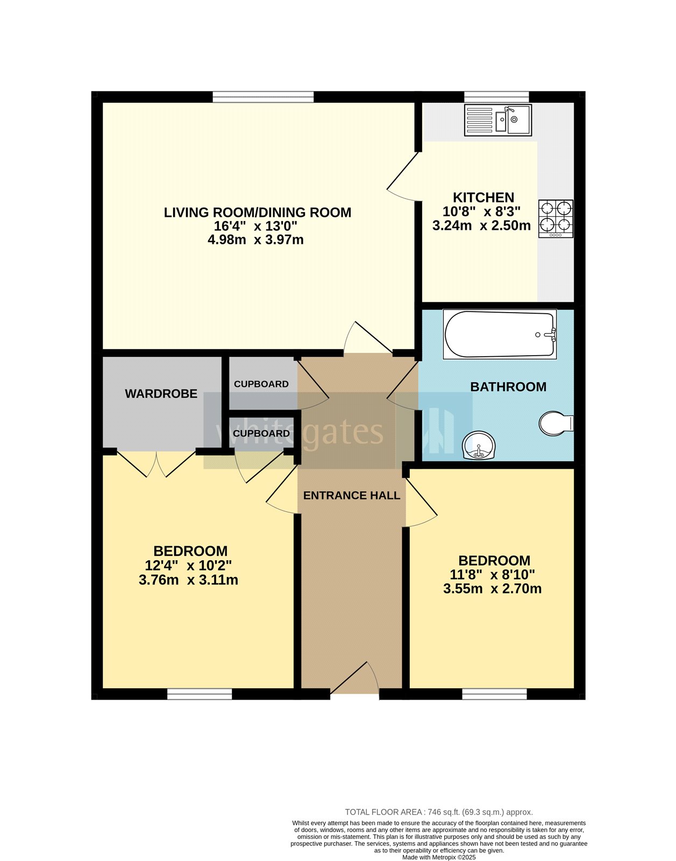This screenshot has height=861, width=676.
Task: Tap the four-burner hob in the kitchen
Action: point(556,218)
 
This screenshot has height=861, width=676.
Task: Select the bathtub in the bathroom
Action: point(500,334)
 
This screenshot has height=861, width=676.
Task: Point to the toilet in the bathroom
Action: point(555,423)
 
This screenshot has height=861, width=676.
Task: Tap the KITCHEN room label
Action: point(483,197)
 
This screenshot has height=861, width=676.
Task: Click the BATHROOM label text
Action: point(508,387)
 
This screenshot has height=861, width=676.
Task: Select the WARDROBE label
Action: point(161,394)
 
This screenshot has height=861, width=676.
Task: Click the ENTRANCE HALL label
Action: point(352,496)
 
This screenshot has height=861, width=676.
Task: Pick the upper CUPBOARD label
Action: point(261,384)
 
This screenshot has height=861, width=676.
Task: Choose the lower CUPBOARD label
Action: point(261,434)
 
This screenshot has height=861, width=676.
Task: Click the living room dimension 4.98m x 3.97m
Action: point(255,240)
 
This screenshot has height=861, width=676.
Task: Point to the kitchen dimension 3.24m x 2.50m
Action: point(481,225)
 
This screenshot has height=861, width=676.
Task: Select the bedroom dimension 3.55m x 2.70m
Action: point(492,589)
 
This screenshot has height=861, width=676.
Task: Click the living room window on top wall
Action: point(263,97)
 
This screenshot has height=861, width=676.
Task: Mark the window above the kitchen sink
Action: point(496,97)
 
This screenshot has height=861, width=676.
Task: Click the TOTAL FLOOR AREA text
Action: point(439,812)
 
